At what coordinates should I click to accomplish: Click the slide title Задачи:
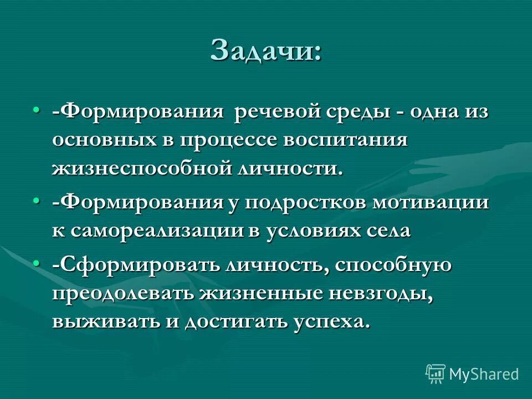(265, 51)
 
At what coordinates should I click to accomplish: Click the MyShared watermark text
(484, 374)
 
